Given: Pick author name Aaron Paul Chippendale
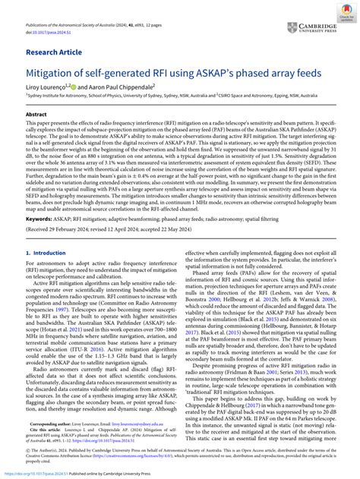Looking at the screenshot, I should tap(122, 88).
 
